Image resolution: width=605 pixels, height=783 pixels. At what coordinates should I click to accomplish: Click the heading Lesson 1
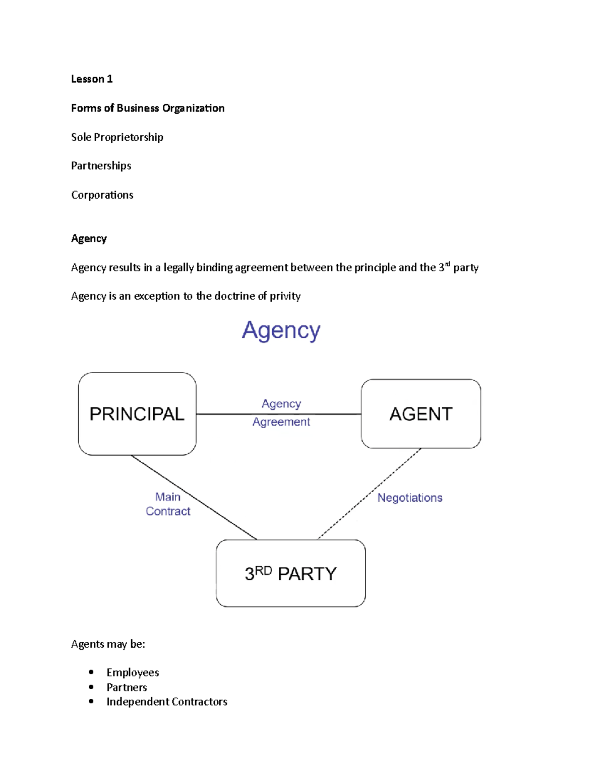click(92, 79)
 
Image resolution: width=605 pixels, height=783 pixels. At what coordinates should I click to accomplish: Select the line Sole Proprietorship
click(117, 137)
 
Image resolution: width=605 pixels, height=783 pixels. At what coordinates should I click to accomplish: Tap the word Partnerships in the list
click(101, 166)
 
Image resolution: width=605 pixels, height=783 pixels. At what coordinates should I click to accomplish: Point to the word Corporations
click(102, 195)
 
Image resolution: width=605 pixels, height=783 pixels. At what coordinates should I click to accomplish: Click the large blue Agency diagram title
click(281, 331)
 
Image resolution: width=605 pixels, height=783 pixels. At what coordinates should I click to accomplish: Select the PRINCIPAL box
click(137, 414)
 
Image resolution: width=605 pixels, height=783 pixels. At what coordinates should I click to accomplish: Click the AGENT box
click(421, 414)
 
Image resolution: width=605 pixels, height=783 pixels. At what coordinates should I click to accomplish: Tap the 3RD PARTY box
click(290, 573)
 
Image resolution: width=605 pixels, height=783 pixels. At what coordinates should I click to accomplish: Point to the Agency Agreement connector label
click(281, 412)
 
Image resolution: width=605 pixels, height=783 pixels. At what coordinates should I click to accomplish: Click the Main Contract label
click(168, 504)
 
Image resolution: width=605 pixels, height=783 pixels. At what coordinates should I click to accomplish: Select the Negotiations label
click(410, 498)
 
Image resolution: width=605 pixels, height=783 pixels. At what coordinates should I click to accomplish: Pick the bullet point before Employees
click(91, 672)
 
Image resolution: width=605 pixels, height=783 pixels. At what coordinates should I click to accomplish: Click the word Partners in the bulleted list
click(127, 687)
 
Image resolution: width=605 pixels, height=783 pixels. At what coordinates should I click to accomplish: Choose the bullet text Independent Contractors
click(167, 702)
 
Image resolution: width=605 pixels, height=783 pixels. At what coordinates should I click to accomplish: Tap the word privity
click(285, 296)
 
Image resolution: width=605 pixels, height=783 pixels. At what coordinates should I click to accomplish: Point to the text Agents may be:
click(108, 644)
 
